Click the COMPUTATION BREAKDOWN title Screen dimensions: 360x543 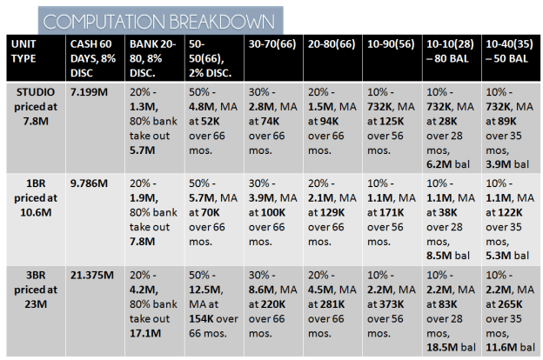[x=162, y=19]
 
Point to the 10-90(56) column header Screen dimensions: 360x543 [x=391, y=43]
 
